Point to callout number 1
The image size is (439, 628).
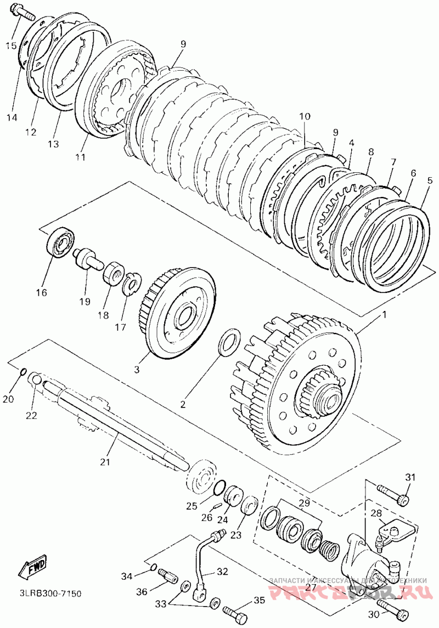point(384,315)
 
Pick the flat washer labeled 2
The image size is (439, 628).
point(228,342)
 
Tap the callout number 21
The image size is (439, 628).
point(105,462)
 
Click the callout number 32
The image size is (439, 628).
point(221,571)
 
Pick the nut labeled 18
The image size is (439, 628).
point(112,273)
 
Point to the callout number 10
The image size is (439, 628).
point(305,116)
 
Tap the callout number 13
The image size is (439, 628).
point(53,144)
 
